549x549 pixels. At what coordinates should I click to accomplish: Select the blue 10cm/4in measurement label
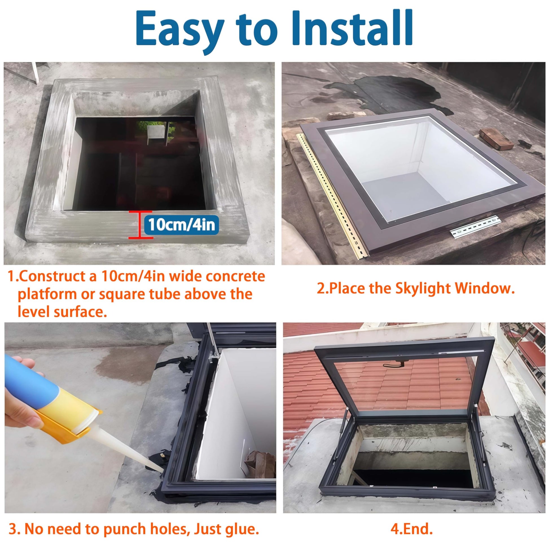[182, 225]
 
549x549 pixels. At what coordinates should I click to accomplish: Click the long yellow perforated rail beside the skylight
[332, 193]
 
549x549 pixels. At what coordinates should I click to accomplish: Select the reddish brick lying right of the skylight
[496, 139]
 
